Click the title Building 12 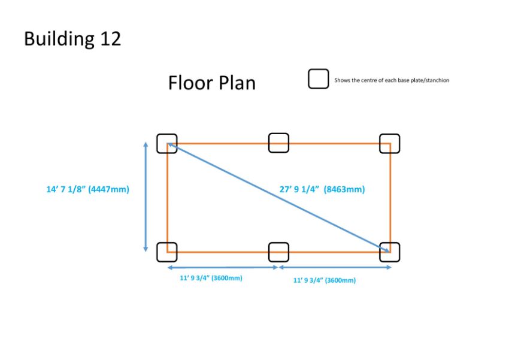click(72, 40)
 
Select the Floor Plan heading click(212, 83)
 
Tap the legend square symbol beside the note click(318, 78)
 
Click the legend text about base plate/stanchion click(392, 80)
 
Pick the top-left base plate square click(167, 144)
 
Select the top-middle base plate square click(278, 143)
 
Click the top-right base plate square click(390, 144)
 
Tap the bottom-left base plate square click(167, 252)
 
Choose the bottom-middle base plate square click(278, 252)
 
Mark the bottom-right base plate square click(390, 252)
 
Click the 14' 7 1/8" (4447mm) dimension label click(87, 189)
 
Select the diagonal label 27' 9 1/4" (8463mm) click(322, 189)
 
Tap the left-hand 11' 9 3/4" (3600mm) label click(211, 278)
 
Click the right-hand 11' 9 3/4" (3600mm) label click(325, 280)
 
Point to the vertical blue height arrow click(146, 197)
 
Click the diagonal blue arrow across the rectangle click(278, 198)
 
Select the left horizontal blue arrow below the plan click(223, 268)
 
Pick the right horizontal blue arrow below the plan click(335, 267)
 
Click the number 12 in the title click(110, 38)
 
